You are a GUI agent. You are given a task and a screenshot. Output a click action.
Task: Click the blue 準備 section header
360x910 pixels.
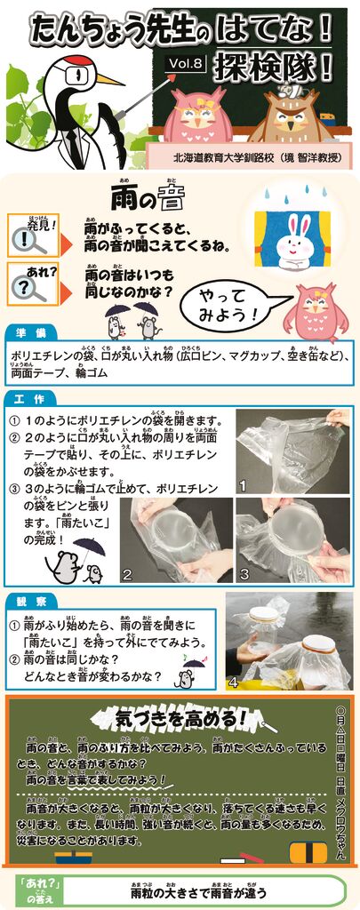click(x=31, y=332)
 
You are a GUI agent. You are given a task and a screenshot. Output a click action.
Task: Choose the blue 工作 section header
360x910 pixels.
click(x=31, y=398)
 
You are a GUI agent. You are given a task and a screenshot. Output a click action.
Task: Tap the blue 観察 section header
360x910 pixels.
click(x=31, y=601)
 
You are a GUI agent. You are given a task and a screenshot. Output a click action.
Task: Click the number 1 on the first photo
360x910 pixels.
click(x=242, y=486)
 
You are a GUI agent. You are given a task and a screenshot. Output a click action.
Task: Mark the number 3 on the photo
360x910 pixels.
click(x=244, y=574)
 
